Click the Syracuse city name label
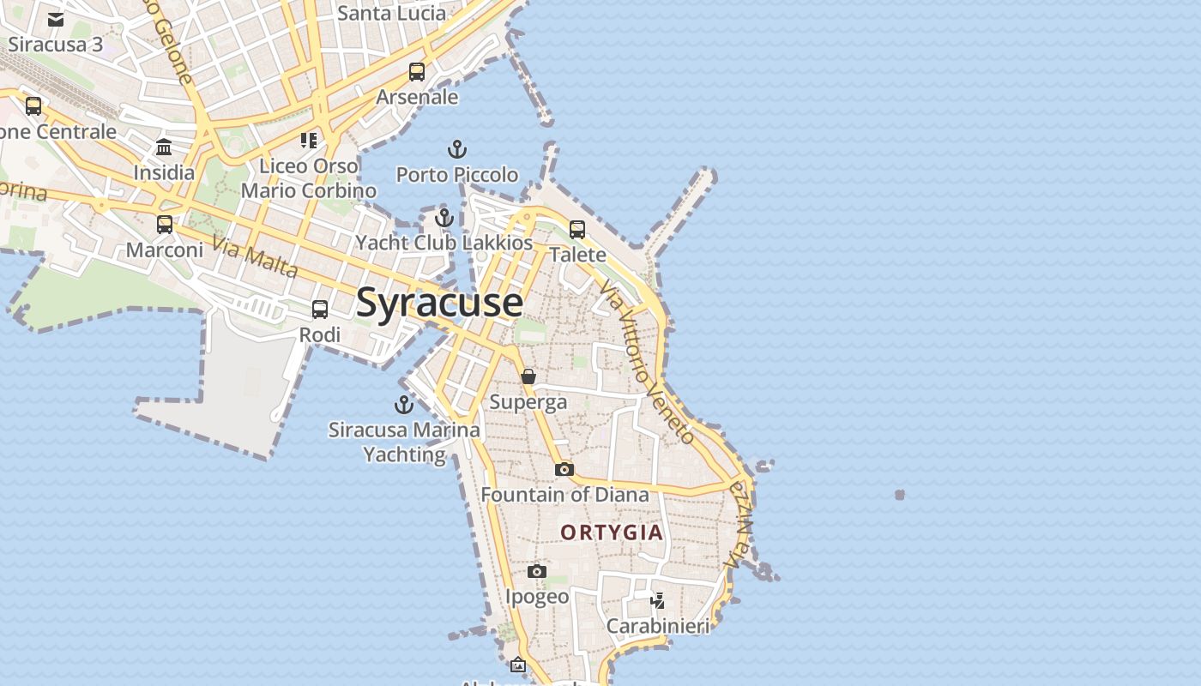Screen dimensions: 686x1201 click(439, 303)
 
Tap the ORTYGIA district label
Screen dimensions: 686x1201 click(612, 533)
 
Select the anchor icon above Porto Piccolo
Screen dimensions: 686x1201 click(457, 150)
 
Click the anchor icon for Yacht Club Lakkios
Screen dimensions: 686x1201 click(444, 219)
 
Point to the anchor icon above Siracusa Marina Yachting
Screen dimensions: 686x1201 click(403, 405)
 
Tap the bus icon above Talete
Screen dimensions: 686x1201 click(577, 230)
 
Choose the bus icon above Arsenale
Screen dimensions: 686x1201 click(417, 72)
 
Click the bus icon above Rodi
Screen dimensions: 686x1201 click(320, 310)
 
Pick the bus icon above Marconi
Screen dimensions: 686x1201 click(164, 225)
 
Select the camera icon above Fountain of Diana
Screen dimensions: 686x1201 click(564, 469)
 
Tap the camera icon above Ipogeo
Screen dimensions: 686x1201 click(537, 571)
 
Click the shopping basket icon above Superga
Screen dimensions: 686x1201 click(528, 376)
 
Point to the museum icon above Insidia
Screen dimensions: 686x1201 click(164, 147)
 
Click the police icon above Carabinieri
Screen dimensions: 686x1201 click(657, 600)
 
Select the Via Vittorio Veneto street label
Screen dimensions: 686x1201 click(648, 361)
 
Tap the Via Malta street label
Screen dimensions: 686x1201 click(255, 257)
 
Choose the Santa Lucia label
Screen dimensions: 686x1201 click(391, 13)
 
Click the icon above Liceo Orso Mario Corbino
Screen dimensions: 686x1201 click(309, 140)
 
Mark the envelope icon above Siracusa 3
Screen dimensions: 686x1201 click(56, 19)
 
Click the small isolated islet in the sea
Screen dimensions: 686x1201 click(899, 495)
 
